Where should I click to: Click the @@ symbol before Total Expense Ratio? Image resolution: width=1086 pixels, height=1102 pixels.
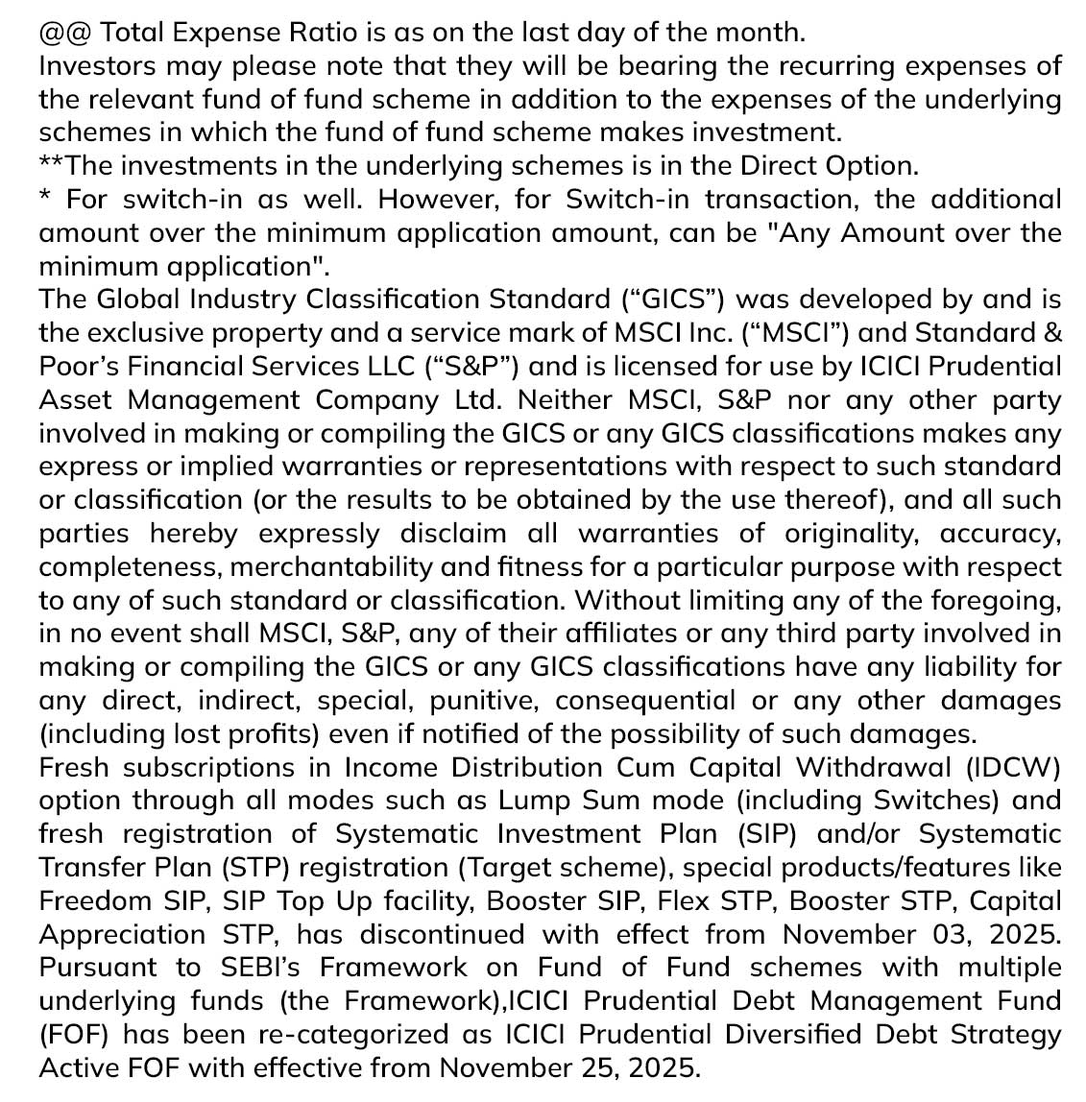point(65,33)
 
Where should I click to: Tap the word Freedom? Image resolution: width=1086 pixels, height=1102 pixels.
point(95,901)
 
